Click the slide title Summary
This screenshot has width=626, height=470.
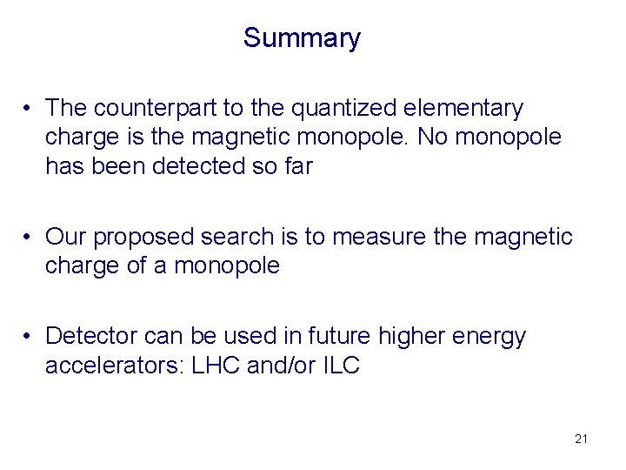click(x=301, y=38)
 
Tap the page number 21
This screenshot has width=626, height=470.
click(x=581, y=439)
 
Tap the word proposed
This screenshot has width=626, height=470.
click(x=144, y=237)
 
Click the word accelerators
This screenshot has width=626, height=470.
click(x=111, y=366)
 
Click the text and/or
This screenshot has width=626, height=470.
click(x=277, y=366)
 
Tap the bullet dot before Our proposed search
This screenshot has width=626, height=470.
click(x=30, y=237)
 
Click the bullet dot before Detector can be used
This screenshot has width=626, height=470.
click(x=30, y=336)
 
